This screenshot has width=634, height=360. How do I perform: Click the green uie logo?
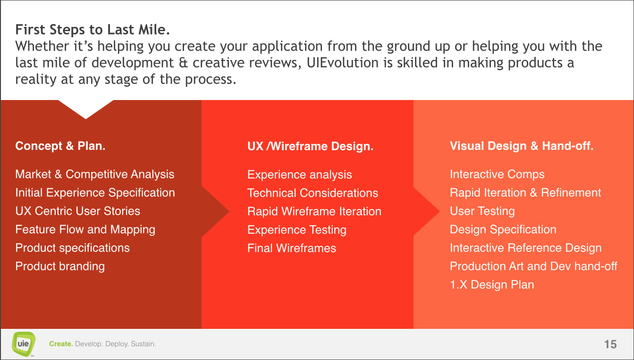[x=24, y=344]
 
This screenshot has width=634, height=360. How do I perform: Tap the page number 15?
[x=610, y=344]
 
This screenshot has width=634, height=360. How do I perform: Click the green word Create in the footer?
[x=61, y=344]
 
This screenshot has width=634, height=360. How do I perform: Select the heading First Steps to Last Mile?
[x=93, y=29]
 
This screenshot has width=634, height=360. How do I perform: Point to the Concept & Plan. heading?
[x=60, y=146]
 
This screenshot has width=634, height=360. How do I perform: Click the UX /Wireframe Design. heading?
[x=311, y=146]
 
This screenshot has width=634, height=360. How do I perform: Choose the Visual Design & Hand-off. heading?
[x=522, y=146]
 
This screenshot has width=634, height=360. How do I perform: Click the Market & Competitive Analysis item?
[x=95, y=174]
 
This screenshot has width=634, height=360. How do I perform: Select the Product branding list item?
[x=60, y=267]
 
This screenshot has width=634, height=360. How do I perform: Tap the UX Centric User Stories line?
[x=78, y=211]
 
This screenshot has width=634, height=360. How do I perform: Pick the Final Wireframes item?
[x=292, y=248]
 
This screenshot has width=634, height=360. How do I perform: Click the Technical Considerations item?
[x=313, y=193]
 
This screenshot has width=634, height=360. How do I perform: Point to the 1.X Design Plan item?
[x=492, y=285]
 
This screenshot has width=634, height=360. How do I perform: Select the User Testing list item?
[x=482, y=211]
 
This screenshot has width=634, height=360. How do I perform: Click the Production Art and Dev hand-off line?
[x=533, y=267]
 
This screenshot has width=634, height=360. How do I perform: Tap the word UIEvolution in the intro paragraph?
[x=342, y=62]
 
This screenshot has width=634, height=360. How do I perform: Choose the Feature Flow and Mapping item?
[x=85, y=230]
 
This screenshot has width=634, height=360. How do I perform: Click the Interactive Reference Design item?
[x=525, y=248]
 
